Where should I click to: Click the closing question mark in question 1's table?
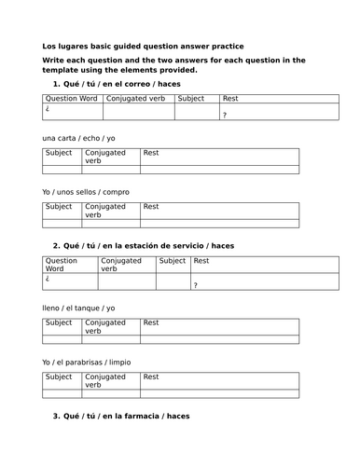[224, 115]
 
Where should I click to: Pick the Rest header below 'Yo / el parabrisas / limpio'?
[151, 377]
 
